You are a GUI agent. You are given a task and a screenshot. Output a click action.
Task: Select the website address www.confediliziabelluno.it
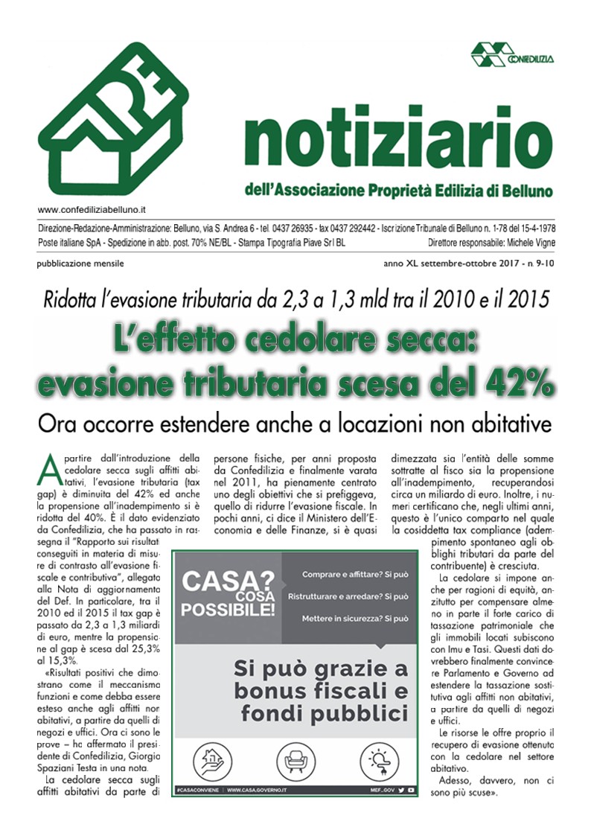[91, 211]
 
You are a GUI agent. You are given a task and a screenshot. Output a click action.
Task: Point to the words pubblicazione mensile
[80, 264]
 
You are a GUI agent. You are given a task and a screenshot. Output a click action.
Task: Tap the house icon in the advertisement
[209, 762]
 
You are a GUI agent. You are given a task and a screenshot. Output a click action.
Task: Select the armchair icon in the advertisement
[293, 762]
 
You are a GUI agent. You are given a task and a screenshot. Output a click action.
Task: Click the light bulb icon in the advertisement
[377, 762]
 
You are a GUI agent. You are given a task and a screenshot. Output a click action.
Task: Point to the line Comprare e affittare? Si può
[354, 575]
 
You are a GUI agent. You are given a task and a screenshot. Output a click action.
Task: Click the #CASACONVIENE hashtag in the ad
[197, 790]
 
